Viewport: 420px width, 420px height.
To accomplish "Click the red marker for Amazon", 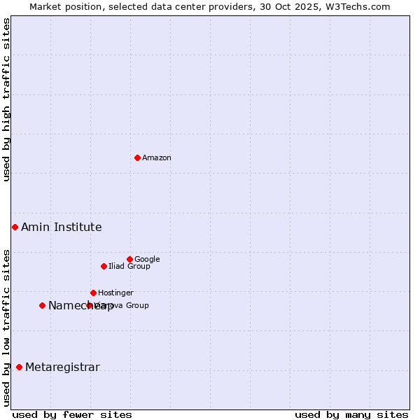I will click(x=137, y=157).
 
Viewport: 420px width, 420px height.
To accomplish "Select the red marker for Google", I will click(x=129, y=259).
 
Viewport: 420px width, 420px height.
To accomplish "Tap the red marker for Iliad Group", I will click(x=104, y=266).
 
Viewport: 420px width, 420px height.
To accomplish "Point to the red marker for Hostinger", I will click(x=93, y=293).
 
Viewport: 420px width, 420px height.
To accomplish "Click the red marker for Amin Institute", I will click(x=15, y=227).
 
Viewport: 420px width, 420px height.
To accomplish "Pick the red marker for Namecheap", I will click(x=42, y=305).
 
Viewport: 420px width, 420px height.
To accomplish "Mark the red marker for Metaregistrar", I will click(x=19, y=367).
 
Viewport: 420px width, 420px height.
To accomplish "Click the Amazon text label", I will click(x=157, y=158).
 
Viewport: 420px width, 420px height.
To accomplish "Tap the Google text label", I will click(x=147, y=260).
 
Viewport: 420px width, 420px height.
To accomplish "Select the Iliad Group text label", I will click(x=129, y=267).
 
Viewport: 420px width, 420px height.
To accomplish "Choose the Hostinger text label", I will click(x=115, y=293).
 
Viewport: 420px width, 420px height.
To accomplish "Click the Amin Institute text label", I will click(x=62, y=227).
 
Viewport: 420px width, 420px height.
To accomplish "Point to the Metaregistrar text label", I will click(x=62, y=367).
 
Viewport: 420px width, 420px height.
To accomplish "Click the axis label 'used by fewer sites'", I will click(x=72, y=414).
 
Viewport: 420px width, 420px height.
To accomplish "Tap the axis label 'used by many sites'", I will click(x=351, y=414).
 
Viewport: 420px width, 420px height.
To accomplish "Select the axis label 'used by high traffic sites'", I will click(x=6, y=99).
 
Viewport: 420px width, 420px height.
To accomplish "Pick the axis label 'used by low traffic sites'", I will click(x=6, y=327).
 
